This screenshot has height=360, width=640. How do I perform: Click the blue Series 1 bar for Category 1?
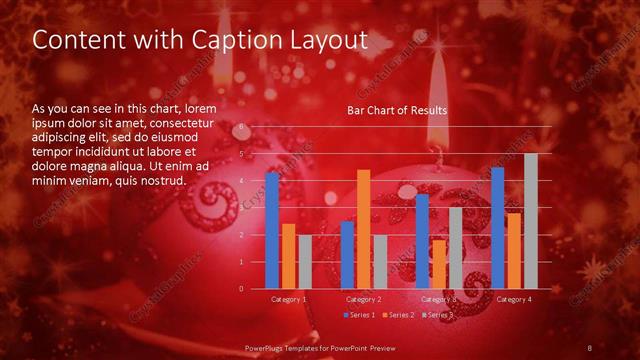coord(272,230)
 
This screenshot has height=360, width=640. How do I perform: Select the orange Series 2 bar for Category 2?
coord(364,229)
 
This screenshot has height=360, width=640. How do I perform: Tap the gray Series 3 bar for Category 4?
coord(531,221)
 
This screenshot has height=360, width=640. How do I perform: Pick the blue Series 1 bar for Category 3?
coord(422,241)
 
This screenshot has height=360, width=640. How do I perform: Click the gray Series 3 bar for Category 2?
coord(380,261)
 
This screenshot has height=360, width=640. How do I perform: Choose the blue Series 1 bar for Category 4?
coord(498,228)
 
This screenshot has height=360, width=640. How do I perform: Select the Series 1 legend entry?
coord(361,315)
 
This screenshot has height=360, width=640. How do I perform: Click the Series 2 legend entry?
coord(398,315)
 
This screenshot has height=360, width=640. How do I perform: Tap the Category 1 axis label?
coord(289,299)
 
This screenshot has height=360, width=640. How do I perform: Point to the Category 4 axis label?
coord(514,299)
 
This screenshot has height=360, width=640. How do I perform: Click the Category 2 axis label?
coord(364,299)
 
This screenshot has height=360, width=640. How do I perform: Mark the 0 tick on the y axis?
coord(240,288)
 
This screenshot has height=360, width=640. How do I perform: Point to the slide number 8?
coord(591,348)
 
